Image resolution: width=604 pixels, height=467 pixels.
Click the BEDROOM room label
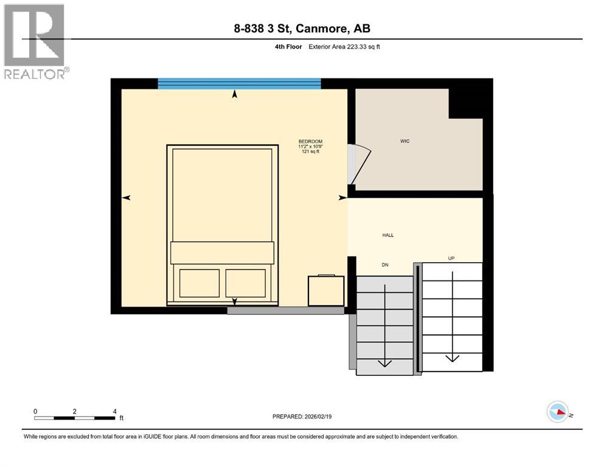(310, 141)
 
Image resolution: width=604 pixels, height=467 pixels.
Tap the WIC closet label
(404, 141)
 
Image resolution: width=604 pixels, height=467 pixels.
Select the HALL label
(387, 235)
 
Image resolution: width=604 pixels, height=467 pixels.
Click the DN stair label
(384, 265)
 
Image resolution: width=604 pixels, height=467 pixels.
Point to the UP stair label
(451, 258)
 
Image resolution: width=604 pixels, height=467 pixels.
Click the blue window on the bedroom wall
(239, 84)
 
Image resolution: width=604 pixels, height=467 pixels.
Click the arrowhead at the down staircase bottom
(384, 363)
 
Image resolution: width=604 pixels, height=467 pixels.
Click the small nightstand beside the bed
(326, 291)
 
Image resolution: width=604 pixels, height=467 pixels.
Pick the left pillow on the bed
(199, 282)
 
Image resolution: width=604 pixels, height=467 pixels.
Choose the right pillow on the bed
(246, 282)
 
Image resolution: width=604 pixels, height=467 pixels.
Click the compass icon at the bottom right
(557, 412)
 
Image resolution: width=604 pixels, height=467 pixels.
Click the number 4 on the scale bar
(115, 411)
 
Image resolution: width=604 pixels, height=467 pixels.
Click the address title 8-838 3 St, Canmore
(302, 28)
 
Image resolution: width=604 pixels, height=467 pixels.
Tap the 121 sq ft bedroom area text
(310, 152)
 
